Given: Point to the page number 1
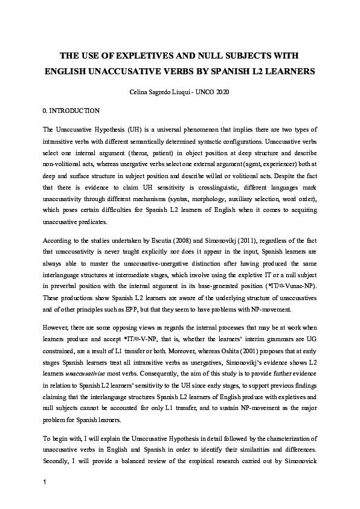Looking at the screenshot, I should tap(45, 482).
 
